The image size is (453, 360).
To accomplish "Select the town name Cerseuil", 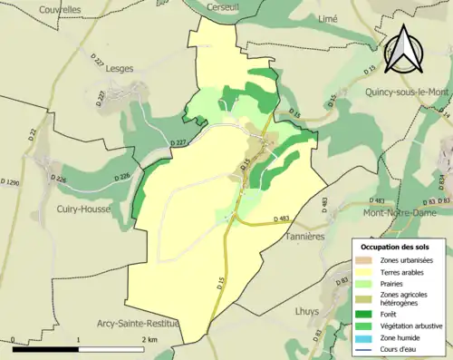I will coord(222,6).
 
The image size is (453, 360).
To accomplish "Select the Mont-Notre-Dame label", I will coord(405,213).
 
